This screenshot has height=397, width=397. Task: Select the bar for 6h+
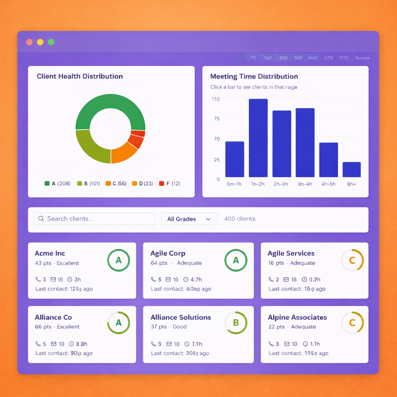coord(352,169)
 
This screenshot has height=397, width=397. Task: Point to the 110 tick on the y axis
coord(216,99)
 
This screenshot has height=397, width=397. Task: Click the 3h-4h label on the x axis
coord(304,184)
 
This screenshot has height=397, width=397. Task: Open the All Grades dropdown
coord(189,219)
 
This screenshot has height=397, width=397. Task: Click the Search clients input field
coord(95,219)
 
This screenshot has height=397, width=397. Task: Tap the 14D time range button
coord(268,58)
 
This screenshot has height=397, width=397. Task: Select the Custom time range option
coord(362,58)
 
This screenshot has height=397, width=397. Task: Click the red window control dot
coord(29,42)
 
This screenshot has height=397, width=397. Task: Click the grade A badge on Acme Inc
coord(119,260)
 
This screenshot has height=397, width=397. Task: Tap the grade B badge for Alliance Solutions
coord(236,323)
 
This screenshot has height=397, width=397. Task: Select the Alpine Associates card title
coord(297,317)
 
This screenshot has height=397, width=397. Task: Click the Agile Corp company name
coord(168,254)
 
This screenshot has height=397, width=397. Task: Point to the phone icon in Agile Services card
coord(271,280)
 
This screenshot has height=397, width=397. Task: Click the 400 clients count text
coord(240,219)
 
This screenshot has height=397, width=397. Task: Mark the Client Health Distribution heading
coord(79,76)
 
